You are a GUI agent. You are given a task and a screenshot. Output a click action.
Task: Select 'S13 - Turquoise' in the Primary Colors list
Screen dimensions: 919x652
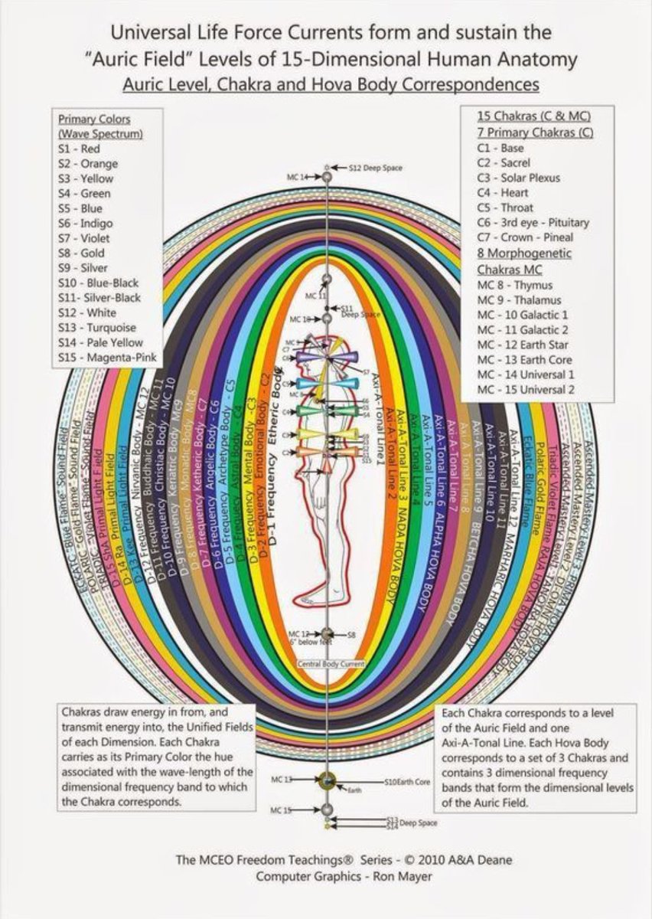click(x=95, y=328)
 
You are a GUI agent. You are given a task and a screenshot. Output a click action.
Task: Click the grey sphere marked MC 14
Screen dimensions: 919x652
click(x=328, y=177)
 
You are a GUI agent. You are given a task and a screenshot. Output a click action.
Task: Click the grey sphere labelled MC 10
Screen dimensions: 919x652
click(x=328, y=318)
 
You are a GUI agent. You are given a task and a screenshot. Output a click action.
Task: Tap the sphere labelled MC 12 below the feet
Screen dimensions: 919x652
click(x=328, y=634)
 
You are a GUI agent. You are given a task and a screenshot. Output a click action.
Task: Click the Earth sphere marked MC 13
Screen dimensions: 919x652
click(x=328, y=781)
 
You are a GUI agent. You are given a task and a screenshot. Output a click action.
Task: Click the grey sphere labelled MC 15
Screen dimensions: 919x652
click(x=328, y=809)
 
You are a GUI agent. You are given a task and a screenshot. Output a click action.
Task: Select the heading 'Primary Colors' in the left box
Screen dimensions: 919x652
click(x=94, y=119)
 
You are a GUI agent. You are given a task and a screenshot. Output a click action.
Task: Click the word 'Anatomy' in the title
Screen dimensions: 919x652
click(x=540, y=59)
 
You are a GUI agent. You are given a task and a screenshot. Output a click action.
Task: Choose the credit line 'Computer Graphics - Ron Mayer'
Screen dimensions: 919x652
click(x=344, y=875)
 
